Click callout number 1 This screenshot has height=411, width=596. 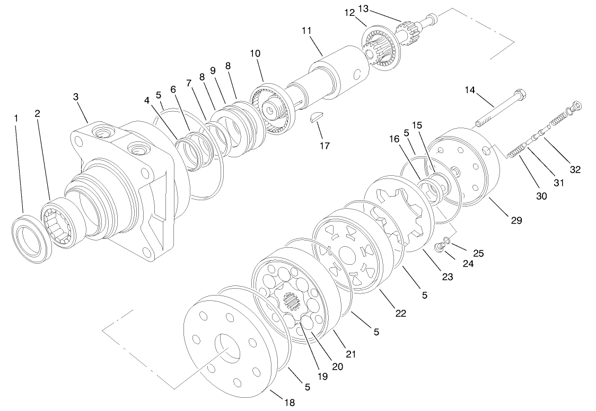coord(16,118)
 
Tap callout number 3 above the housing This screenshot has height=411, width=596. coord(76,97)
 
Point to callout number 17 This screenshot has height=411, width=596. coord(324,145)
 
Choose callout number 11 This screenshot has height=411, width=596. coord(306,31)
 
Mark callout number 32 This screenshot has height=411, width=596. coord(575,169)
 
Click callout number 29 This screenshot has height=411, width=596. coord(516,220)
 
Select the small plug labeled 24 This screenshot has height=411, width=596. coord(439,247)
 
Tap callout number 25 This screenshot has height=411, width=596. coord(478,254)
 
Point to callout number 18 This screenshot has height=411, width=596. coord(289,403)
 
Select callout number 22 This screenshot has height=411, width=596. coord(400,313)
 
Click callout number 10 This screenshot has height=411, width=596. coord(256,53)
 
